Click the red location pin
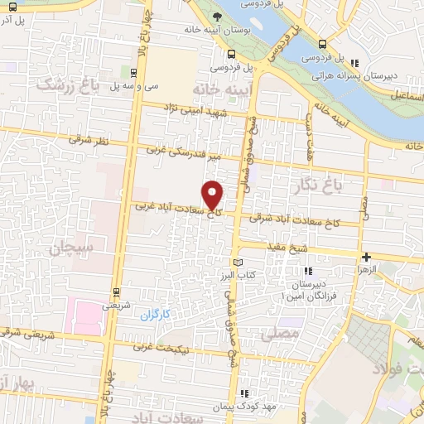(x=214, y=194)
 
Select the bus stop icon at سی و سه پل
(x=136, y=72)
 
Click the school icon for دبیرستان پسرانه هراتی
(x=355, y=62)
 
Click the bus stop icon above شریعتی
(x=116, y=291)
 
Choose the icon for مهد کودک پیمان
(x=243, y=393)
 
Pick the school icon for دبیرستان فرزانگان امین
(x=308, y=271)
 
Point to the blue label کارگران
(x=154, y=316)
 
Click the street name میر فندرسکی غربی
(x=184, y=152)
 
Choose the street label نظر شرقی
(x=89, y=142)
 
